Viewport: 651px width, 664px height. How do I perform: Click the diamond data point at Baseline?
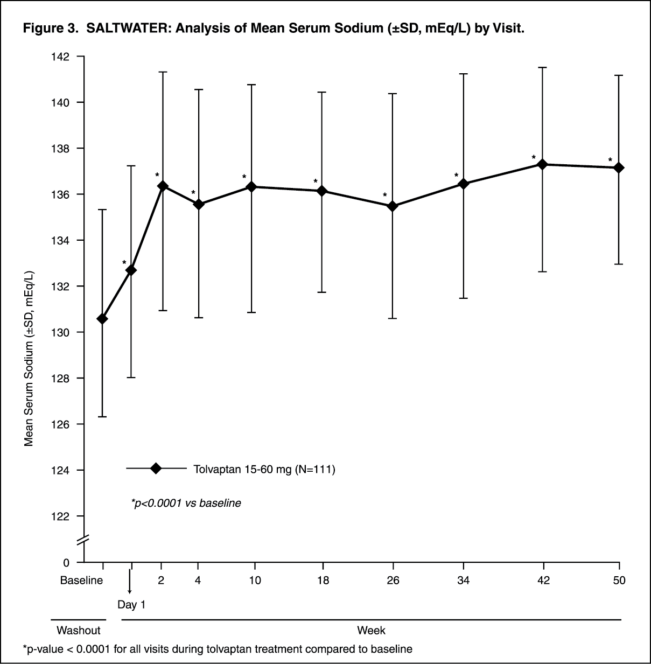(x=102, y=319)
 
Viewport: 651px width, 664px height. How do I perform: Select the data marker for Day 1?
(x=131, y=270)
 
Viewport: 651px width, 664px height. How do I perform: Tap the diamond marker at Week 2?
(x=162, y=186)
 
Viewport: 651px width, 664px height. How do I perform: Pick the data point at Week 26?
(x=393, y=206)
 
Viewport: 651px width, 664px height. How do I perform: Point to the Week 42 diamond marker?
(x=543, y=164)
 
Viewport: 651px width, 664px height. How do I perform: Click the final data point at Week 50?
(x=619, y=167)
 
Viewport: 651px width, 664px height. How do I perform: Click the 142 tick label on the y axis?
(x=61, y=57)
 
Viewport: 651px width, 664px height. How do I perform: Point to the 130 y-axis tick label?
(x=61, y=332)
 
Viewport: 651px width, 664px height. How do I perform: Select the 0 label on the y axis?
(x=66, y=563)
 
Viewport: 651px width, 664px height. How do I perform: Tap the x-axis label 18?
(x=322, y=581)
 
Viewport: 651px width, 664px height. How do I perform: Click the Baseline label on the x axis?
(x=81, y=581)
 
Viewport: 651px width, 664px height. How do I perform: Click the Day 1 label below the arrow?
(x=131, y=605)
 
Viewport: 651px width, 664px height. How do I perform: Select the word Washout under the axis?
(x=79, y=630)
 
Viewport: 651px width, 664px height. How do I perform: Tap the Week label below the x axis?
(x=371, y=630)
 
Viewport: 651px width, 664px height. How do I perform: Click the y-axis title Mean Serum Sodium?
(x=30, y=358)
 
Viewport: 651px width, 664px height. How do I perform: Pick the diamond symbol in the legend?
(x=156, y=469)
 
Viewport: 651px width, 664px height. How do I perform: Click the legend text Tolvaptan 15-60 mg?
(x=264, y=470)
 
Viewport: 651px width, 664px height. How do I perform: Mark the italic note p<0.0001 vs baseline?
(x=186, y=504)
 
